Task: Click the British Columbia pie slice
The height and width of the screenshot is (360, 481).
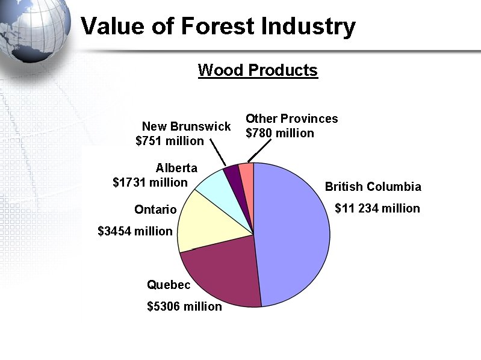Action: click(x=295, y=235)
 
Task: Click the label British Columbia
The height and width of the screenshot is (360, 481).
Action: click(x=373, y=187)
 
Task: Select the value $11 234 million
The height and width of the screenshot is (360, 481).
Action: click(x=377, y=208)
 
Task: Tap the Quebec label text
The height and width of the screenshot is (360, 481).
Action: click(x=169, y=285)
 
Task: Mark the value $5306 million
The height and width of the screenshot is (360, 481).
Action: click(x=184, y=306)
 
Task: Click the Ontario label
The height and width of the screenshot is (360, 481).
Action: click(x=155, y=209)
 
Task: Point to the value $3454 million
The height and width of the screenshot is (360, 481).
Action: click(x=135, y=231)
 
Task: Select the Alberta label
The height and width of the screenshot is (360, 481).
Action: click(x=176, y=168)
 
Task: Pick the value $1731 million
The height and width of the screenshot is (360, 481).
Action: click(x=150, y=182)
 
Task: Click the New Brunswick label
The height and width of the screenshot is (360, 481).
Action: click(x=186, y=126)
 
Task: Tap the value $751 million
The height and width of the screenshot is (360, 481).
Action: click(x=170, y=141)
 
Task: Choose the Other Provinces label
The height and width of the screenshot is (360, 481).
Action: click(x=291, y=119)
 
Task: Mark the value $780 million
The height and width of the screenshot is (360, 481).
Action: click(x=280, y=133)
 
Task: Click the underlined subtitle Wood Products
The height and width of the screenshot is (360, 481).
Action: click(x=258, y=70)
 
